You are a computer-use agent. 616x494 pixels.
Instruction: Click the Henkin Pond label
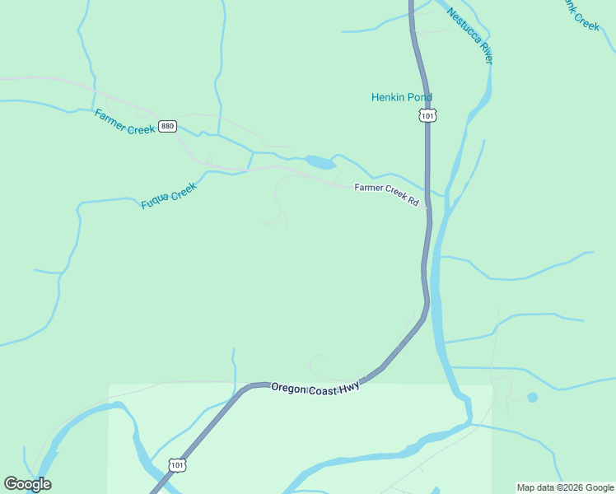(401, 97)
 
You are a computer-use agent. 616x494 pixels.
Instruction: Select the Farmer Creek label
(124, 123)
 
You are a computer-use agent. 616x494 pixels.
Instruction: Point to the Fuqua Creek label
(169, 196)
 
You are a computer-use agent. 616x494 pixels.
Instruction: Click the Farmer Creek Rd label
(386, 193)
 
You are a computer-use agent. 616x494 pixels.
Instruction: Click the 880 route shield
(168, 126)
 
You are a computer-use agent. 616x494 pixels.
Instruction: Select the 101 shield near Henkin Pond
(427, 116)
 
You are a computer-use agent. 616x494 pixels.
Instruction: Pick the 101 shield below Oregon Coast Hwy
(178, 465)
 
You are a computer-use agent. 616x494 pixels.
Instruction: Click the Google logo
(27, 484)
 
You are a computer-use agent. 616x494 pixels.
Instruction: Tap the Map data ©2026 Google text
(565, 487)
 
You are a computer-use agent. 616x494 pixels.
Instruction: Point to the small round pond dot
(532, 397)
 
